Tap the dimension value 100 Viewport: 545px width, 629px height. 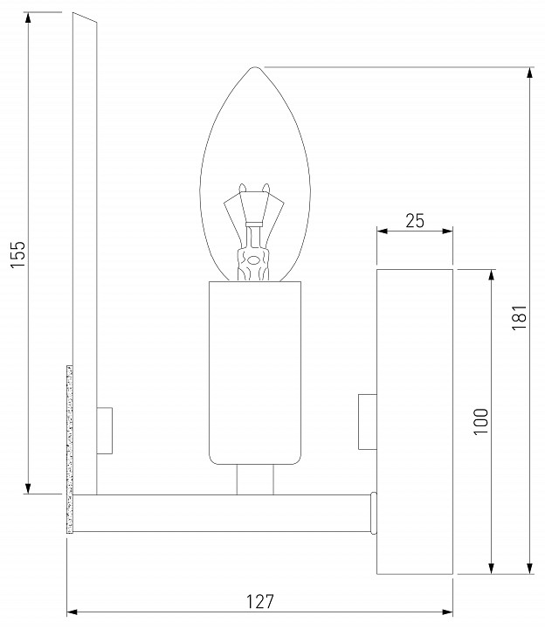479,423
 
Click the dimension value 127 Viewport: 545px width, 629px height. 259,601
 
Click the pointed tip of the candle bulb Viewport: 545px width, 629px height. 254,68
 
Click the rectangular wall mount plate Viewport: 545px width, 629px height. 414,422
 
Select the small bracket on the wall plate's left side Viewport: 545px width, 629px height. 367,423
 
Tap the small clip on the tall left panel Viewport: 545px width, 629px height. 105,431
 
